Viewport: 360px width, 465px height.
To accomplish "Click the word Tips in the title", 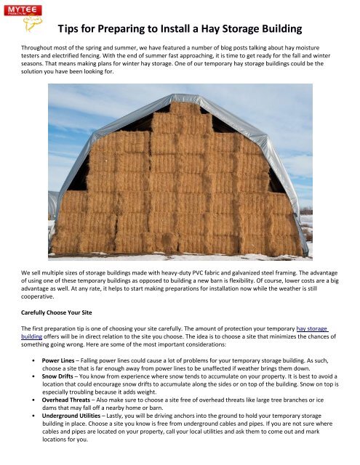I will (70, 30).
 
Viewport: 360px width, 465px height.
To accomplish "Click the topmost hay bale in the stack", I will (185, 108).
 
